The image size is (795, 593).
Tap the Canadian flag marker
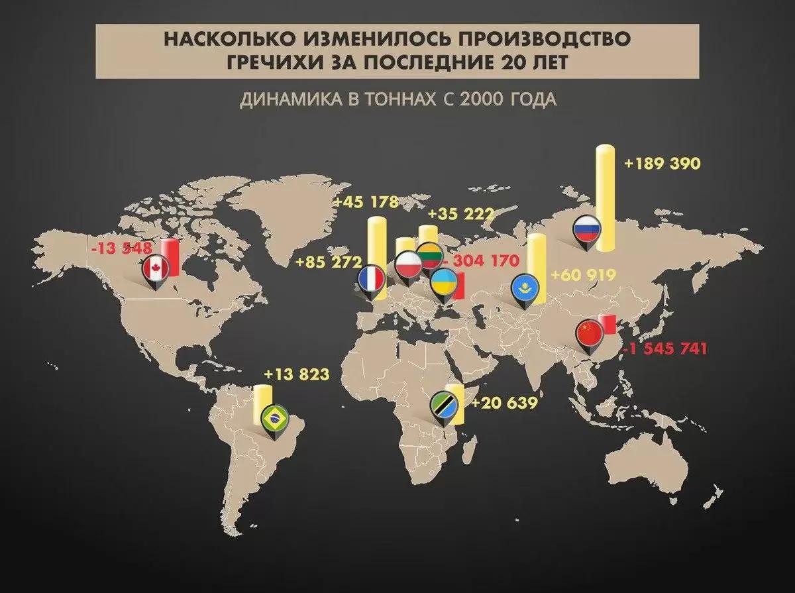pos(154,271)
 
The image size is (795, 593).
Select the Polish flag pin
pos(408,264)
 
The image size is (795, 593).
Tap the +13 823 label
pos(296,374)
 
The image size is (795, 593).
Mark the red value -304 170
pos(478,260)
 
